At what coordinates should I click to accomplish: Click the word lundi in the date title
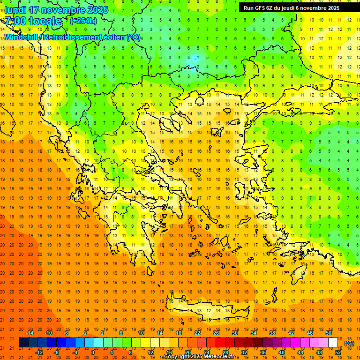15,10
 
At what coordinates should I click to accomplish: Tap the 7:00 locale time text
33,21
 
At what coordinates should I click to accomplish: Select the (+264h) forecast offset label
83,21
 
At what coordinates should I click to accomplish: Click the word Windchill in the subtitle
23,37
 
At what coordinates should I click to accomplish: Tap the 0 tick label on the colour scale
92,352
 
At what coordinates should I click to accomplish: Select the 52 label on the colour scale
338,352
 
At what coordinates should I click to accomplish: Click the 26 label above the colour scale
216,332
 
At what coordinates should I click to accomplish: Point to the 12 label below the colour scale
150,352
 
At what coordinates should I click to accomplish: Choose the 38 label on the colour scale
272,332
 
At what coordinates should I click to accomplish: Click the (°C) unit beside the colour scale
349,343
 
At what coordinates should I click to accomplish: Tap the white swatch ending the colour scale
333,343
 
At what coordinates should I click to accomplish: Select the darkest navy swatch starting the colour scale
23,343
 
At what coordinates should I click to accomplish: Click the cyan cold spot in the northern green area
193,60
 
